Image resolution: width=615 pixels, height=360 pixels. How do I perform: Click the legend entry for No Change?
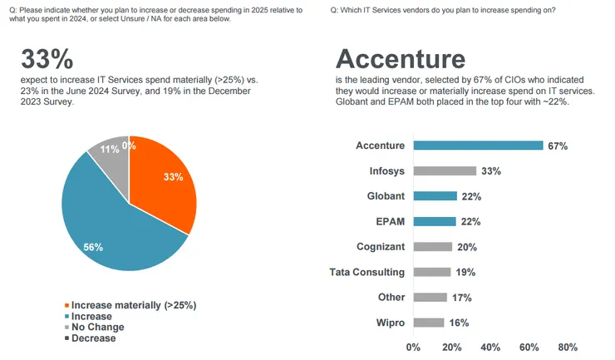(x=97, y=328)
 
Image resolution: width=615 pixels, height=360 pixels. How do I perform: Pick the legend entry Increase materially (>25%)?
(x=133, y=305)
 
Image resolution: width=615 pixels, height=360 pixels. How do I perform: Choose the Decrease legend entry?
(x=94, y=338)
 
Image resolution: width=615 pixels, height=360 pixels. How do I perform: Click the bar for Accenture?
(x=478, y=145)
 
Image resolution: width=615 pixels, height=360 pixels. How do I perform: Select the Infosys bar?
(x=445, y=170)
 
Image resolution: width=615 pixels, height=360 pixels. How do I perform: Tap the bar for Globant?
(x=435, y=195)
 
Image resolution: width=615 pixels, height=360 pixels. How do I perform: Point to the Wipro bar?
(x=429, y=323)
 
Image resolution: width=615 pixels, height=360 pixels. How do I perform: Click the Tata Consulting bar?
(x=431, y=272)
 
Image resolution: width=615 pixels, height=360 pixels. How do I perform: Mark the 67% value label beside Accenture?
(x=557, y=145)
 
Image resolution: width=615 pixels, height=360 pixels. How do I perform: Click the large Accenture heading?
(x=400, y=60)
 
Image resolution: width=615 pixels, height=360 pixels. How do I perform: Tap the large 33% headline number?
(x=47, y=60)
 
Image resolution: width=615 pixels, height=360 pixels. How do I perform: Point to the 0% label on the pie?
(x=128, y=146)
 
